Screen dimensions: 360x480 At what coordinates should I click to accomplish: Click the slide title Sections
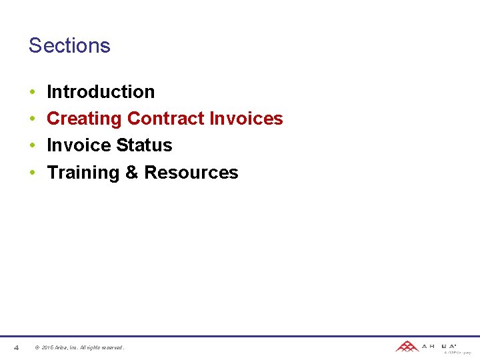click(69, 45)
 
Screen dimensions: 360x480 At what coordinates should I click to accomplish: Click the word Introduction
click(101, 91)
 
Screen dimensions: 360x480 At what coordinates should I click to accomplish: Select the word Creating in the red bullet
click(84, 119)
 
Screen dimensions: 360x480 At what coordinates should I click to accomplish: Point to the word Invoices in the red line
click(246, 119)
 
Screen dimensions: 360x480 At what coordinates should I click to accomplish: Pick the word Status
click(144, 145)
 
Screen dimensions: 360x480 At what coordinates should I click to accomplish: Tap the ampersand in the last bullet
click(132, 173)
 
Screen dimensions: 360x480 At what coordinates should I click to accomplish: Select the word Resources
click(191, 173)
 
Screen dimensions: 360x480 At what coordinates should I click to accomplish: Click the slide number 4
click(16, 347)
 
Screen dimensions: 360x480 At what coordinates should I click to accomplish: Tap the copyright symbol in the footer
click(37, 347)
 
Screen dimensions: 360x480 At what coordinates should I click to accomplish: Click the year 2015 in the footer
click(47, 347)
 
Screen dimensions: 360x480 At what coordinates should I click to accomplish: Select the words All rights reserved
click(103, 347)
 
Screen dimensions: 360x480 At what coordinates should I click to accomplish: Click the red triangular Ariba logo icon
click(406, 346)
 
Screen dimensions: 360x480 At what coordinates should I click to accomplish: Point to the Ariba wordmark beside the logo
click(439, 346)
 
